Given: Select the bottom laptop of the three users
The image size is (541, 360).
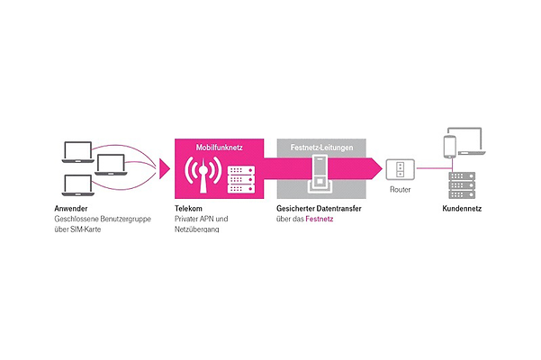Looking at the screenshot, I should (77, 186).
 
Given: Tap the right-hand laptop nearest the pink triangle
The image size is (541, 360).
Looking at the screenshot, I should (108, 166).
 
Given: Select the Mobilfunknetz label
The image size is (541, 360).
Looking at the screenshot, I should (220, 146).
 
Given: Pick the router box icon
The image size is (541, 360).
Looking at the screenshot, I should (399, 169).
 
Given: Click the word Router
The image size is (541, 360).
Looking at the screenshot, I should (400, 191).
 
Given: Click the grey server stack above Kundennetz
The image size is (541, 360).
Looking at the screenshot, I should (460, 184).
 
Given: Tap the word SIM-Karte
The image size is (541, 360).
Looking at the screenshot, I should (90, 229).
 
